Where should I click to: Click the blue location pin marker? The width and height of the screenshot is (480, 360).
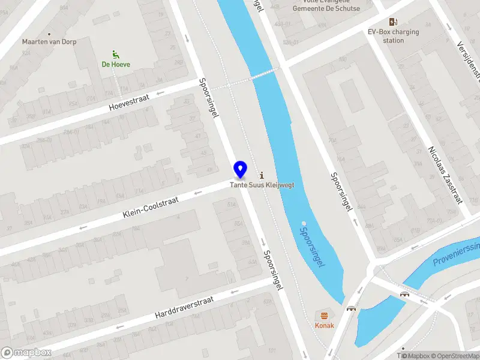240,170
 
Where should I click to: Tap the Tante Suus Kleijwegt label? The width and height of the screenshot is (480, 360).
262,185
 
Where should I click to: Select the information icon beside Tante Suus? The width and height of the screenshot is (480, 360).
262,175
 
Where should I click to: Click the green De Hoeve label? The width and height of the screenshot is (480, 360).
116,64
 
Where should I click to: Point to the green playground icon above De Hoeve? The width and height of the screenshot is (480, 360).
116,54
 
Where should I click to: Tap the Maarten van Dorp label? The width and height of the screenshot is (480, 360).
50,42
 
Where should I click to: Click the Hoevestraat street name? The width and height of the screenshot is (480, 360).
128,103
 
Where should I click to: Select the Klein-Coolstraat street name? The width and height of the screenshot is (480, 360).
151,207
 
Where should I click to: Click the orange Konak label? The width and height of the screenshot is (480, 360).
325,326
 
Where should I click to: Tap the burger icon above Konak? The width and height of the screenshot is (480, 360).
325,316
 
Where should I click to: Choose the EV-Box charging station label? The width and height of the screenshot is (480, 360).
394,36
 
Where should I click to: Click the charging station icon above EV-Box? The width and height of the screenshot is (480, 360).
394,22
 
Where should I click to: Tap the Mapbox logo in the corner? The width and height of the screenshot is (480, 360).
26,353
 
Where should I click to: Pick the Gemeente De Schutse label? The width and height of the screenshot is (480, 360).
326,8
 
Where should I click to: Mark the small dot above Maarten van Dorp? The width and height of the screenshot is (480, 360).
50,34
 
